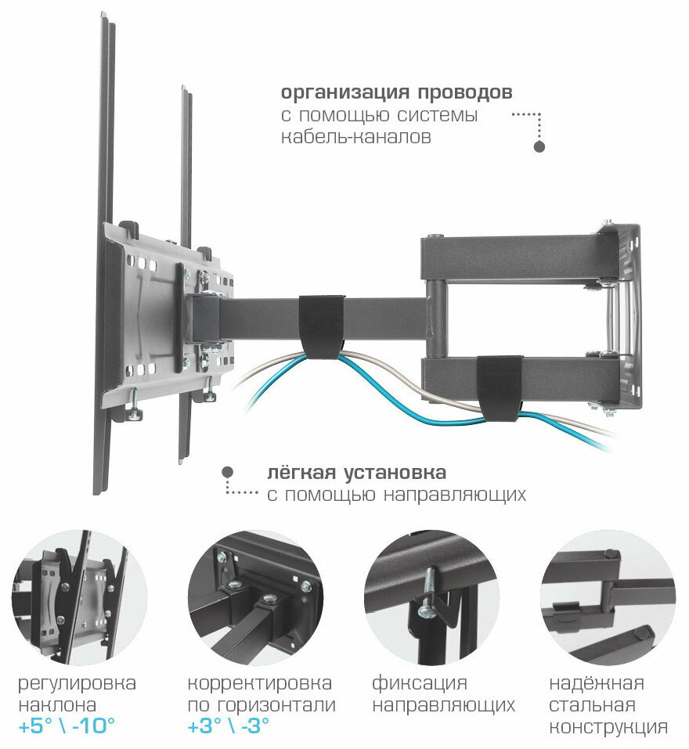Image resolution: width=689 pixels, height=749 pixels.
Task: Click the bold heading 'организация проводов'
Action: (x=397, y=93)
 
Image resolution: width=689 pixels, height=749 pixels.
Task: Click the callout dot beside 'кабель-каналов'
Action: (x=539, y=146)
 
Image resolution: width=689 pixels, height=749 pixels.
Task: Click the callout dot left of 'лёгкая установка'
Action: (x=227, y=473)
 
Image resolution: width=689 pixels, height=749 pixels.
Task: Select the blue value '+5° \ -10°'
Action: (x=68, y=726)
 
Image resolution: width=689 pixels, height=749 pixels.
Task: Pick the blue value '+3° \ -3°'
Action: (x=229, y=726)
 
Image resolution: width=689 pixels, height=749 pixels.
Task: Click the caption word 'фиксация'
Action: (x=420, y=682)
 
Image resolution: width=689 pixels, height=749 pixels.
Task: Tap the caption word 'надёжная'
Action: (x=596, y=682)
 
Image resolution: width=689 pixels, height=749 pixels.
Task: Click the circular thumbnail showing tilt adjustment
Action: (x=79, y=598)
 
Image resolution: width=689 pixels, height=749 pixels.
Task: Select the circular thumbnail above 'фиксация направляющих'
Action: (x=431, y=598)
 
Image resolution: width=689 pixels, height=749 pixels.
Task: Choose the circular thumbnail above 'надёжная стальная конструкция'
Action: (x=608, y=598)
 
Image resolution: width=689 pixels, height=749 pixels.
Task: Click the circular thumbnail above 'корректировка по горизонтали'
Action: (x=256, y=598)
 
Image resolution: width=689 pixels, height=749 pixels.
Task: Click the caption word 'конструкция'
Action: (x=608, y=726)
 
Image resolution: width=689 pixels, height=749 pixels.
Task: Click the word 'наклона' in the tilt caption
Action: (x=51, y=704)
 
